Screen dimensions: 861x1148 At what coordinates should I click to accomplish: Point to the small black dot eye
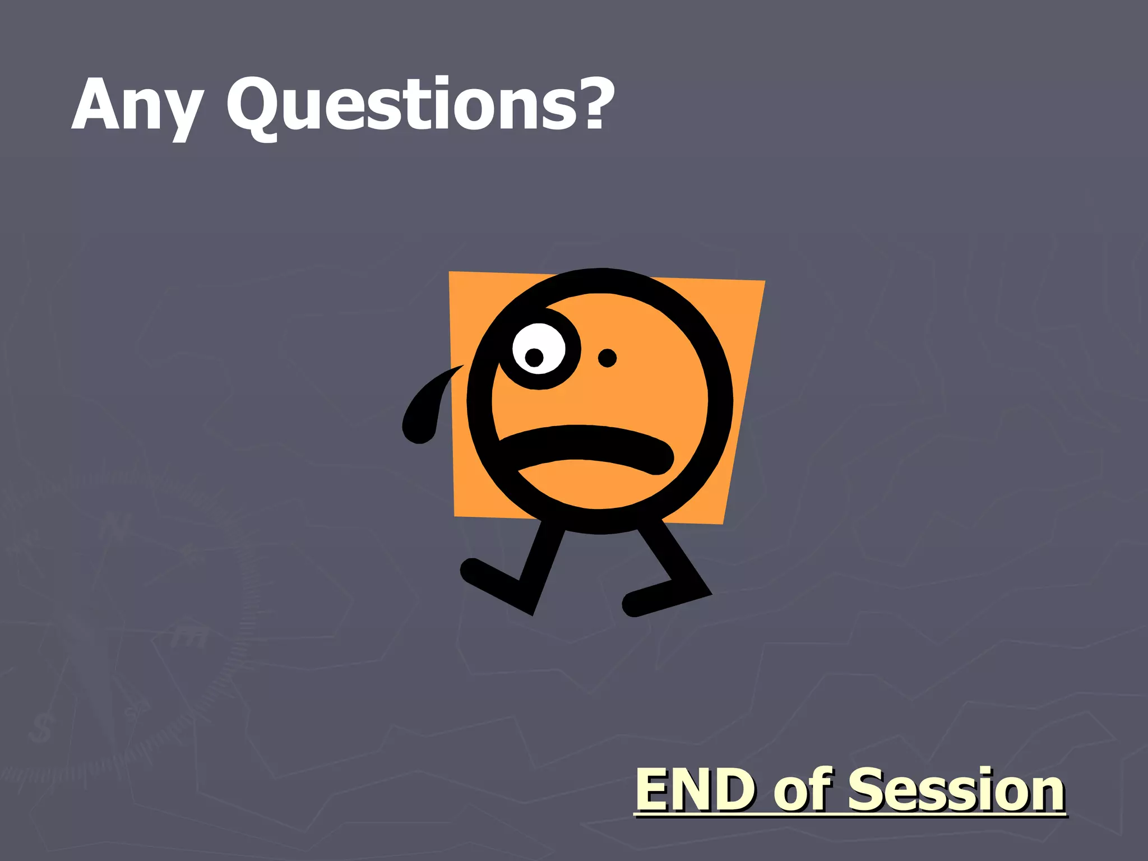point(607,358)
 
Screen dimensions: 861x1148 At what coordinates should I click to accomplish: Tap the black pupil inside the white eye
point(534,356)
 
